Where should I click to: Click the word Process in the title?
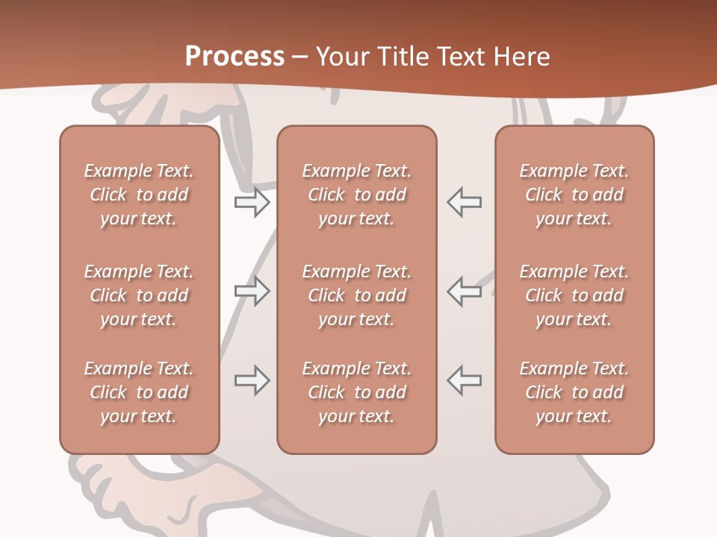pos(235,56)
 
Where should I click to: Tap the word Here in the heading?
pos(521,56)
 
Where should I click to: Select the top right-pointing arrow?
pos(252,202)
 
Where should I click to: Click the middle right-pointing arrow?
pos(252,291)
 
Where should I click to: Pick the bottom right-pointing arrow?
pos(252,380)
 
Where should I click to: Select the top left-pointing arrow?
pos(465,202)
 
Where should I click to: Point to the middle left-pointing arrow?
pos(465,291)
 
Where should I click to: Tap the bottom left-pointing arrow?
pos(465,380)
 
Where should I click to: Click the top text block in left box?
pos(139,195)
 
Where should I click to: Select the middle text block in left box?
pos(139,295)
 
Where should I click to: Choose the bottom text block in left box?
pos(139,392)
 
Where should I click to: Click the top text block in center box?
pos(357,195)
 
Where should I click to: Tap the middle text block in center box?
pos(357,295)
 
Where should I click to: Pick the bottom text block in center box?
pos(357,392)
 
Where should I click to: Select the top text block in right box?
pos(574,195)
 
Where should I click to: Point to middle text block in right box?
pos(574,295)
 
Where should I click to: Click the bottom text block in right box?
pos(574,392)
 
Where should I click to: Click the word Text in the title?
pos(459,56)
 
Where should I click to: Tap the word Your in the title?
pos(341,56)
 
